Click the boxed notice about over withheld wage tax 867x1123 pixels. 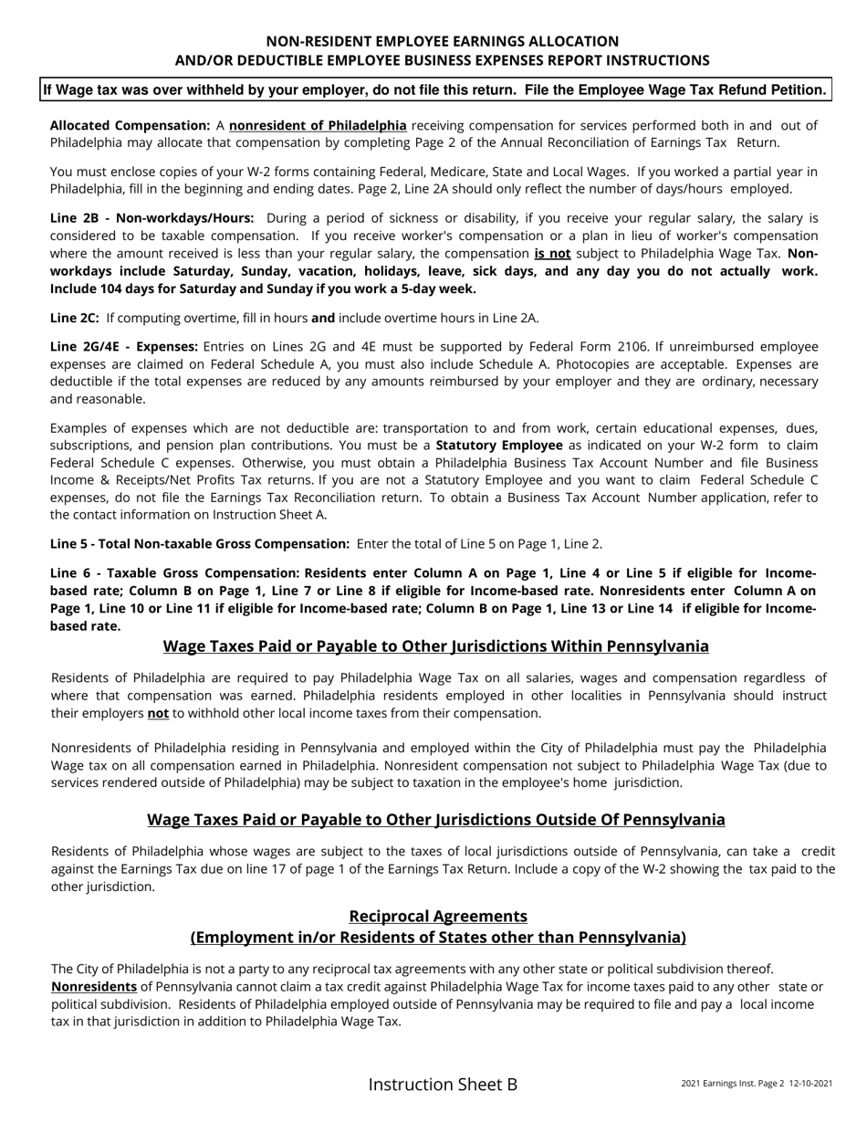(x=434, y=90)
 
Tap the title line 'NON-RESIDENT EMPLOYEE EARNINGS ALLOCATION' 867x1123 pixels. (x=442, y=41)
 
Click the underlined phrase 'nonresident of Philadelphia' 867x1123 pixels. (x=318, y=126)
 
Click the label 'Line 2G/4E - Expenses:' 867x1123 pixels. (x=123, y=347)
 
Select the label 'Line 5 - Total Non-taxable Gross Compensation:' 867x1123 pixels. (x=200, y=544)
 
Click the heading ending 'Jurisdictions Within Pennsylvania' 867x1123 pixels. (x=435, y=646)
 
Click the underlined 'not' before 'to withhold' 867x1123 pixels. (x=158, y=713)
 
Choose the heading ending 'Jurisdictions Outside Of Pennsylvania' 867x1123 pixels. (x=435, y=820)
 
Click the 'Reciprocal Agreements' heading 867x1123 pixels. (x=438, y=916)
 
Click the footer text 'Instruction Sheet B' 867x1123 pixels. (x=443, y=1085)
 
